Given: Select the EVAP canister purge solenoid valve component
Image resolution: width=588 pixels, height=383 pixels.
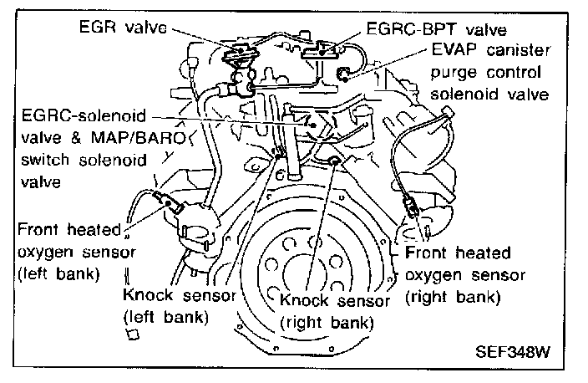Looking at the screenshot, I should click(342, 77).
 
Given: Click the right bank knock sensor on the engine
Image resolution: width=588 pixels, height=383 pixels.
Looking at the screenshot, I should click(334, 161).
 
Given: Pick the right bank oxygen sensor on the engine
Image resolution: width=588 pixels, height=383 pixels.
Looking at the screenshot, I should click(408, 202).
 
